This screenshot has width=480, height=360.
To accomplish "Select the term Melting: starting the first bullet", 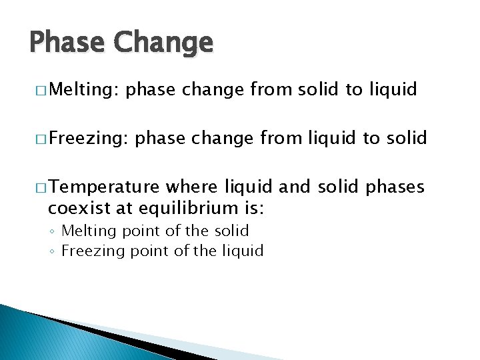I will pyautogui.click(x=84, y=89).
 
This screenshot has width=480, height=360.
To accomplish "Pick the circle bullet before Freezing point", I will pyautogui.click(x=53, y=252).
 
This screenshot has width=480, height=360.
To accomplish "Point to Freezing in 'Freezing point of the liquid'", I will pyautogui.click(x=87, y=251).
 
